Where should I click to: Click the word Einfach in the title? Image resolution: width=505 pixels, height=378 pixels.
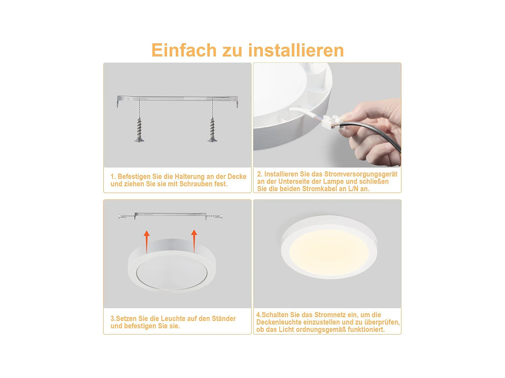coord(184,50)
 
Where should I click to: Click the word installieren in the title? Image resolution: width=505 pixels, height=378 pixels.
coord(296,50)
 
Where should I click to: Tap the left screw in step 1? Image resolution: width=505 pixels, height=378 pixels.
coord(139,130)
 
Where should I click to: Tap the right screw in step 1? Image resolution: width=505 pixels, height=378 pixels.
coord(212,130)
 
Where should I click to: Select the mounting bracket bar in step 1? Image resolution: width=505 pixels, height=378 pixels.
coord(177,99)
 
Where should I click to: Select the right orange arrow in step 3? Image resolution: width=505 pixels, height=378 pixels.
coord(194,240)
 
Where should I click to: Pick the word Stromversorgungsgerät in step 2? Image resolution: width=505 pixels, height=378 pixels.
coord(361,174)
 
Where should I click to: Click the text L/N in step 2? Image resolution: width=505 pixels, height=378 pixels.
coord(353,189)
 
